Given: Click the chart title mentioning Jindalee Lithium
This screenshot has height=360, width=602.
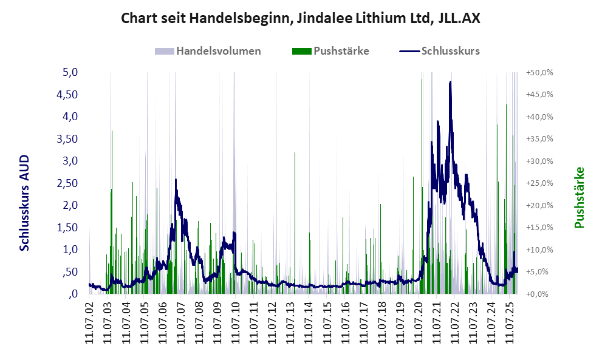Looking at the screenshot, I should pos(301,18).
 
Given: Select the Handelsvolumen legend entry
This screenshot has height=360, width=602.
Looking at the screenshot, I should pos(218,51).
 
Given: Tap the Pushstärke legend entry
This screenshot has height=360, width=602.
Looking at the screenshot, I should pos(341,51).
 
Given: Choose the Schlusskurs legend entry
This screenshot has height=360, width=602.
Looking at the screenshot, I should pos(450,51).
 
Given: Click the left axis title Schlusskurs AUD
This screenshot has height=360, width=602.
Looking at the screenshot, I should pos(25,203).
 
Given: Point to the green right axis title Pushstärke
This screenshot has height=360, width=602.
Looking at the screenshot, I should pos(578,198).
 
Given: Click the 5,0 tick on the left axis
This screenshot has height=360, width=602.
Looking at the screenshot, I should pos(70,72).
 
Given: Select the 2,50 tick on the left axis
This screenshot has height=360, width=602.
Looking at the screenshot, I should pos(67,183).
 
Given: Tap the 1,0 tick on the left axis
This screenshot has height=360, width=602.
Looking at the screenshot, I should pos(70,250).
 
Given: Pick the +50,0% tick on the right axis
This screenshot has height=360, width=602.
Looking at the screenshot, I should pos(539,72).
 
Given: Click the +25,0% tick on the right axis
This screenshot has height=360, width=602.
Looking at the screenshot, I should pos(539,183).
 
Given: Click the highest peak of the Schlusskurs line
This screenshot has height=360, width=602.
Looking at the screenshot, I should pos(450,82).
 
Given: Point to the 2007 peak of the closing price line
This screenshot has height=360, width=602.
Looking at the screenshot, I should pos(176,180).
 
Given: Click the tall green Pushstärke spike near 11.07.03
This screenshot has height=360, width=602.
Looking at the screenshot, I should pos(112,132).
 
